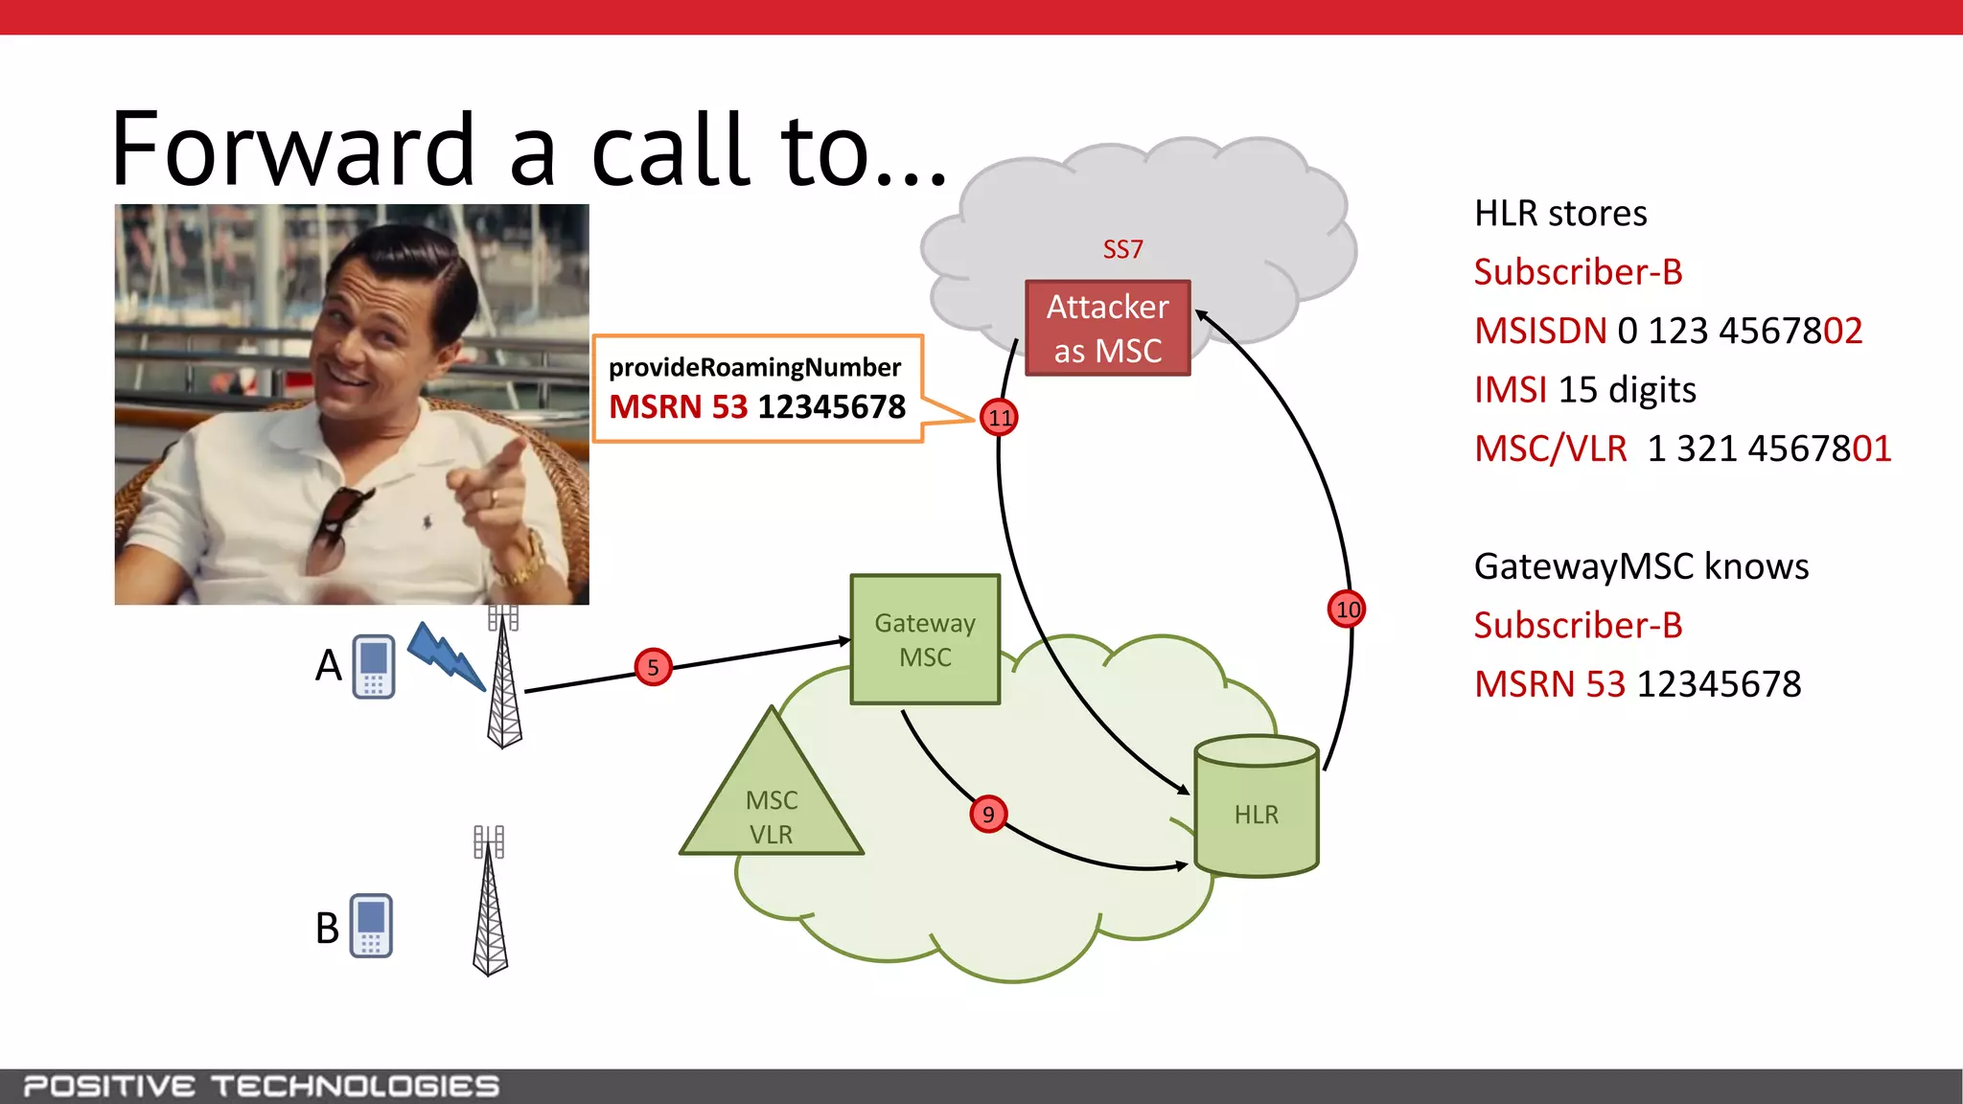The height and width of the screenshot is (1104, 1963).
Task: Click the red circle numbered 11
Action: pos(999,418)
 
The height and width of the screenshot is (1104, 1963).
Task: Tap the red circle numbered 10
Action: pos(1347,609)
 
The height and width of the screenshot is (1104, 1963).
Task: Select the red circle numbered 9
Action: pos(987,815)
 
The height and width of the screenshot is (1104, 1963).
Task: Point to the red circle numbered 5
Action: pos(653,667)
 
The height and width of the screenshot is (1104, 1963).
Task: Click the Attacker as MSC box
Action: pos(1107,329)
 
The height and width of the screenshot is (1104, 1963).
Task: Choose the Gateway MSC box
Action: pos(925,640)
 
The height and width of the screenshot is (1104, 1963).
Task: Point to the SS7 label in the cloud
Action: pos(1122,250)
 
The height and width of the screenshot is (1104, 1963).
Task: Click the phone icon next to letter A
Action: pos(374,667)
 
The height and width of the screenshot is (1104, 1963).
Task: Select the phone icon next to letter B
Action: pos(371,926)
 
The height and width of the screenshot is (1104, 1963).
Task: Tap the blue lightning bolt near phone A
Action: pos(446,655)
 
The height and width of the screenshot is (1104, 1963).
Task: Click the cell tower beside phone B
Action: pos(490,901)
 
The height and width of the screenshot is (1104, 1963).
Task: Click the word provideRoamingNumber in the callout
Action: pos(754,368)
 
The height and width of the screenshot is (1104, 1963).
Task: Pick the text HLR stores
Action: pos(1560,214)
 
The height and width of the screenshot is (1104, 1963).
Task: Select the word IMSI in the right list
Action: pos(1511,390)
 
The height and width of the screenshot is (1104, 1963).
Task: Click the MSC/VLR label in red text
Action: pos(1550,448)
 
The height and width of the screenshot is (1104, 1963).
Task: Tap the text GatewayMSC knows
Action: pos(1641,566)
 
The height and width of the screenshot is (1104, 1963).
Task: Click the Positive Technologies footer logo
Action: pos(261,1086)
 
